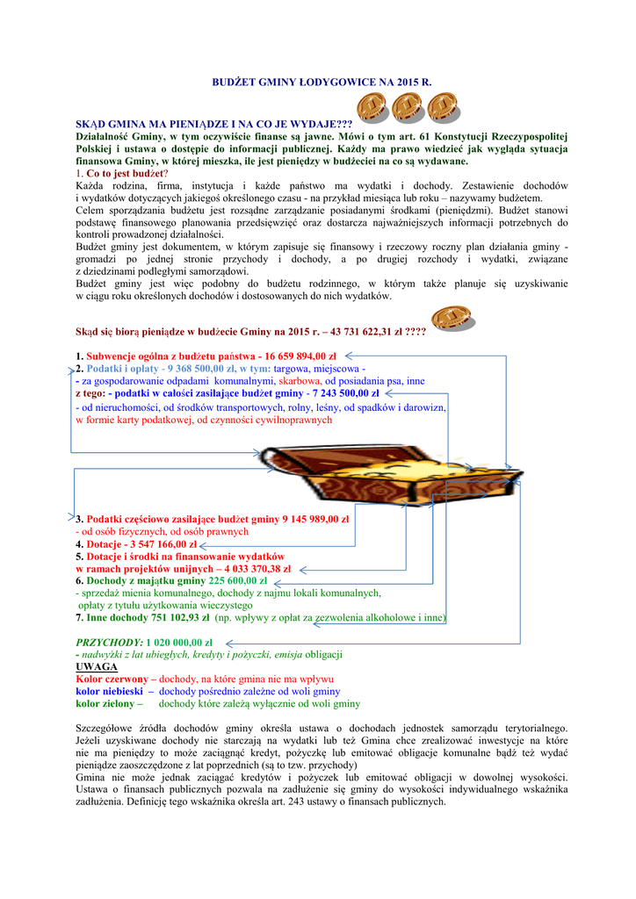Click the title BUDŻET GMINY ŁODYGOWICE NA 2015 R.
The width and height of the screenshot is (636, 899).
point(322,81)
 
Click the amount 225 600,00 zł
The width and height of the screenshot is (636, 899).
point(238,581)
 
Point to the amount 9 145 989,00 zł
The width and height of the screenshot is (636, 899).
point(315,520)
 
